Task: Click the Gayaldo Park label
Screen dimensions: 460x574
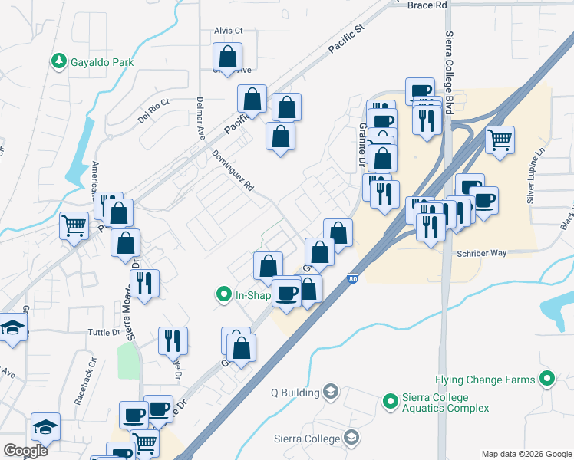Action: click(101, 61)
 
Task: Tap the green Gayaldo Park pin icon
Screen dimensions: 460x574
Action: click(58, 61)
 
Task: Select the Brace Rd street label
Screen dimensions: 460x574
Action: click(427, 5)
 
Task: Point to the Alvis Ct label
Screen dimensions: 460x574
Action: click(228, 31)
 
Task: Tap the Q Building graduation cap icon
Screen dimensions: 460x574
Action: click(331, 393)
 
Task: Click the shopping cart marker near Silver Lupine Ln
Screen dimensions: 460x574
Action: click(500, 140)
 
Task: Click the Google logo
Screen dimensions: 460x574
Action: click(25, 451)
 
